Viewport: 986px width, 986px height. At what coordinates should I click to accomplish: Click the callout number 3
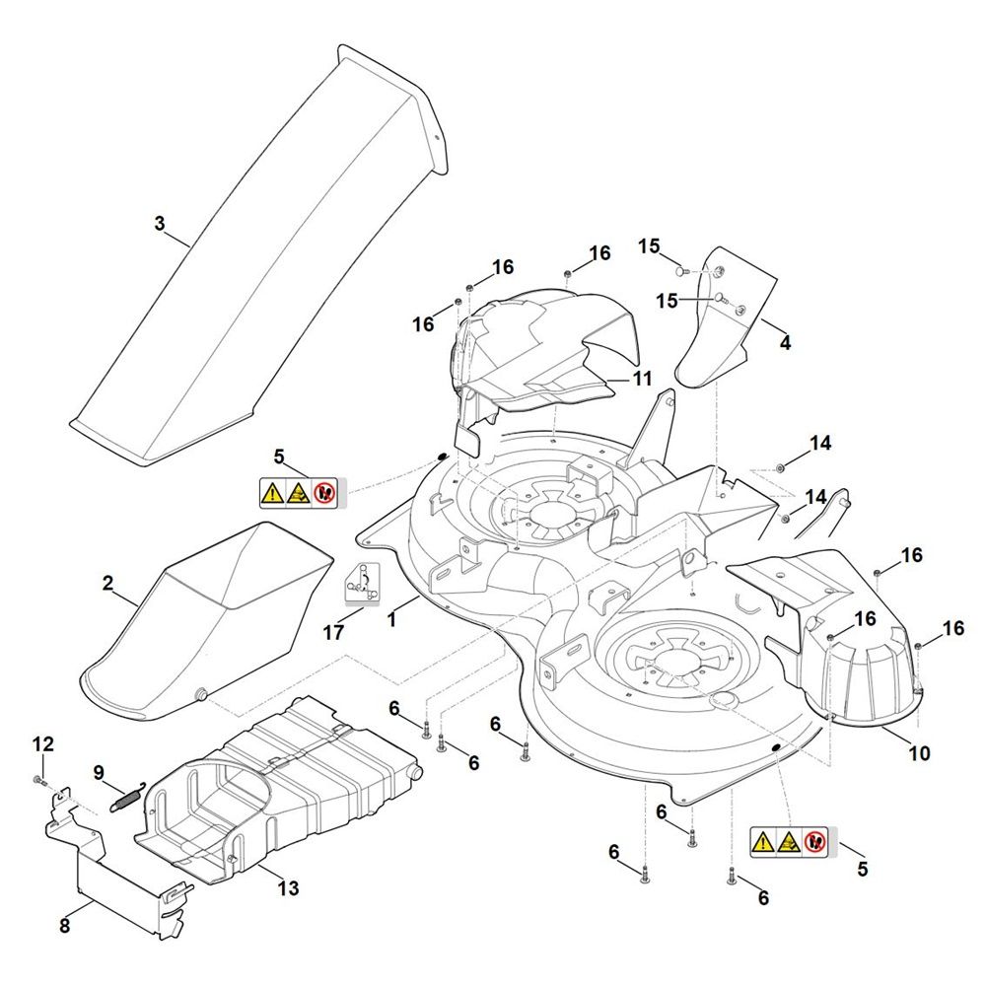(x=160, y=224)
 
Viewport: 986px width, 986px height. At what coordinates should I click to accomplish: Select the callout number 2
(x=107, y=584)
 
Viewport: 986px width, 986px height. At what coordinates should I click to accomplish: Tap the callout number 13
(x=287, y=888)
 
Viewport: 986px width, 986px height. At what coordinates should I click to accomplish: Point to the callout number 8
(x=65, y=926)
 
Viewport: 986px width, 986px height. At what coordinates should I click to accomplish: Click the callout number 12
(x=44, y=743)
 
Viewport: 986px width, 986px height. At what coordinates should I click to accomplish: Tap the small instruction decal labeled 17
(x=362, y=583)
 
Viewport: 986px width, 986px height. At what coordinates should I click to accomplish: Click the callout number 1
(x=391, y=620)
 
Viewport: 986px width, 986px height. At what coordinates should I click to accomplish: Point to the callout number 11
(x=642, y=378)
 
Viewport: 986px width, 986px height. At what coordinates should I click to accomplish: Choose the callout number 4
(x=785, y=343)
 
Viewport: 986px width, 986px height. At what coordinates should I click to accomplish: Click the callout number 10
(x=918, y=754)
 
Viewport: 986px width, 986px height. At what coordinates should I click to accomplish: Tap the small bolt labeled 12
(x=38, y=780)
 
